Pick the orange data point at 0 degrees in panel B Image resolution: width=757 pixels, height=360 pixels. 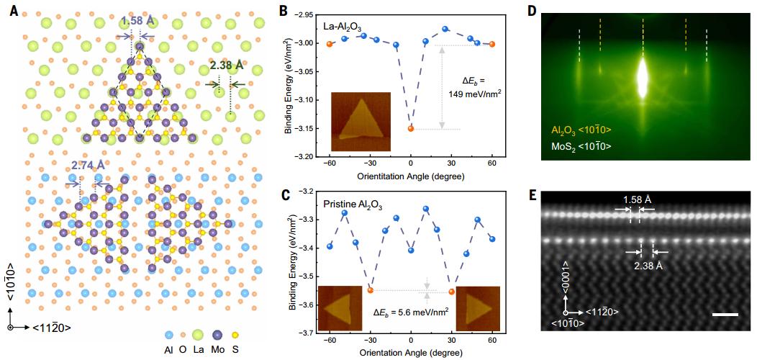411,128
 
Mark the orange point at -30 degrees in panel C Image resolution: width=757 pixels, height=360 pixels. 371,290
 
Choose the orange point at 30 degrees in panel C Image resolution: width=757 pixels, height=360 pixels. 452,292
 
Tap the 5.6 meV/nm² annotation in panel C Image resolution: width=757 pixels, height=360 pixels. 410,312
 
